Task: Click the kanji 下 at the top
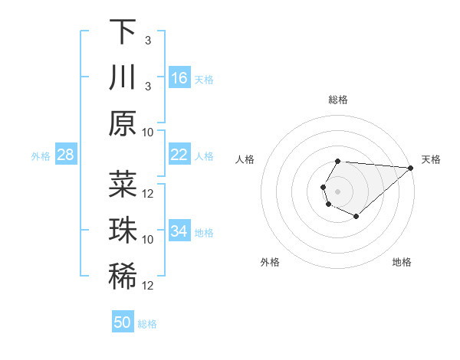122,31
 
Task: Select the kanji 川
122,77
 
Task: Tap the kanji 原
122,123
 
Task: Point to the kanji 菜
122,185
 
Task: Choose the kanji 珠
122,231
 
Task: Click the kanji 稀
122,277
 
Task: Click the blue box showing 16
179,78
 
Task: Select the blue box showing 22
179,155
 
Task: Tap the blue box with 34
179,231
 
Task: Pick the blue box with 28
65,155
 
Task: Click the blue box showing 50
122,322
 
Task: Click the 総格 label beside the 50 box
147,324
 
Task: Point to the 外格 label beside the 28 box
41,156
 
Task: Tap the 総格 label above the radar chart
338,100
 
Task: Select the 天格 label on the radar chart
431,159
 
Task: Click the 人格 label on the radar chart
245,159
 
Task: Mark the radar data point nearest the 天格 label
411,168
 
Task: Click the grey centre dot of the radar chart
337,190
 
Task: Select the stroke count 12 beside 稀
149,286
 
